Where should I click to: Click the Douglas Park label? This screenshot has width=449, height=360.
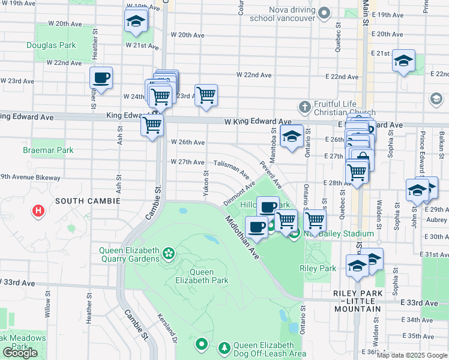click(51, 45)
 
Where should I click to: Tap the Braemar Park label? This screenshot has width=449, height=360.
click(48, 150)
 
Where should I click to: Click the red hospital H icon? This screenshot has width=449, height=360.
click(39, 211)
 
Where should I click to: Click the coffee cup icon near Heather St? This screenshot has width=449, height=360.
click(101, 78)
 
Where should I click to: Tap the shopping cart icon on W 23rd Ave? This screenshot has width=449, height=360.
click(206, 95)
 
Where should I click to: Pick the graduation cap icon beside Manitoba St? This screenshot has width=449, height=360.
click(292, 137)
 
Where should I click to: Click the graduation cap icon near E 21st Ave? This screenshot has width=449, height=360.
click(403, 61)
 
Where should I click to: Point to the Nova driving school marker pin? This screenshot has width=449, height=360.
click(324, 12)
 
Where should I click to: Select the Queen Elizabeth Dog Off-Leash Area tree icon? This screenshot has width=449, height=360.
click(224, 348)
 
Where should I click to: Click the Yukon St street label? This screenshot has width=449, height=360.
click(205, 184)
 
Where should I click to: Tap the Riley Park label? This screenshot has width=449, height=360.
click(318, 269)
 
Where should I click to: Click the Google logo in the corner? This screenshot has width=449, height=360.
click(20, 353)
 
